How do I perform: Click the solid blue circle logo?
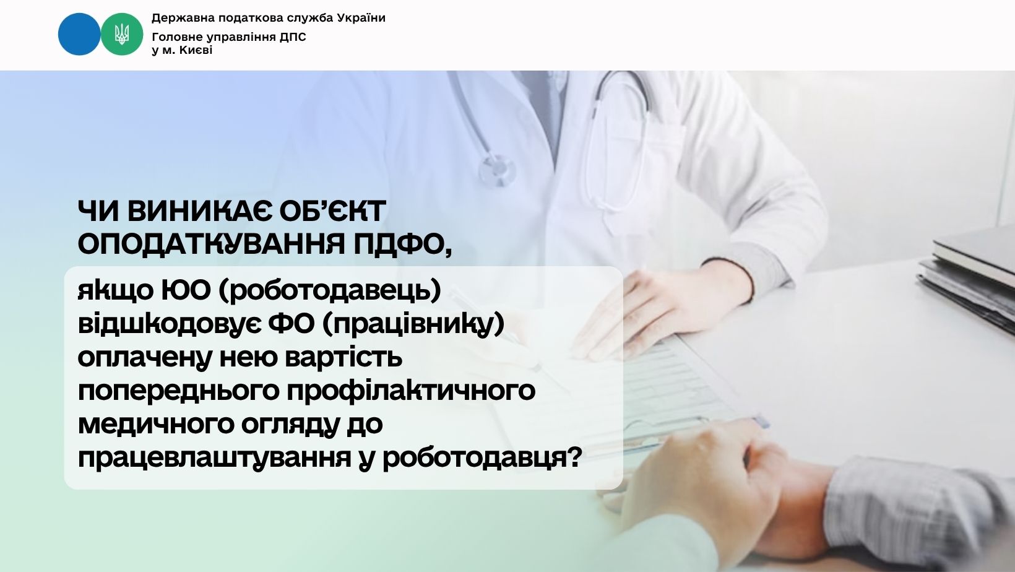(x=79, y=34)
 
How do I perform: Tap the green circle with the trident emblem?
(x=121, y=34)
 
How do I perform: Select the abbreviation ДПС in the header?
(x=293, y=37)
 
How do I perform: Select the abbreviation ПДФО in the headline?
(x=402, y=245)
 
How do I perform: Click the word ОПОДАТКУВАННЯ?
(x=212, y=244)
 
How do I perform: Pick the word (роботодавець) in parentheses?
(x=330, y=290)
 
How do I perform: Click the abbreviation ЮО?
(x=186, y=290)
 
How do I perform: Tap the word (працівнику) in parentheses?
(x=413, y=324)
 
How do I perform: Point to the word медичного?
(x=155, y=424)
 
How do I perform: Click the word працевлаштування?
(x=215, y=457)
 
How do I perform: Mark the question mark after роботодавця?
(x=574, y=457)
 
